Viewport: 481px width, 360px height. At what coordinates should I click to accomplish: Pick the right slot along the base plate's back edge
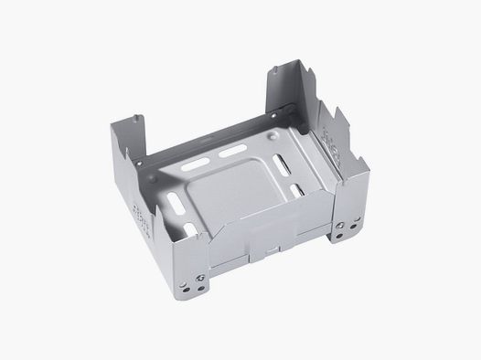click(x=225, y=155)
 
